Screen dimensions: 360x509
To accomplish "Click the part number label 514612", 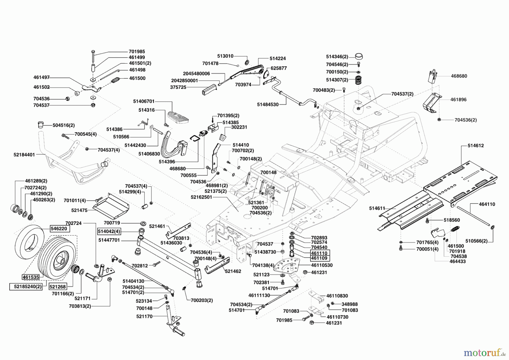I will coord(476,145).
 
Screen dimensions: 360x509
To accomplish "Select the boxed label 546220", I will coord(60,228).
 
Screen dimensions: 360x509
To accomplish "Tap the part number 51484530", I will coord(268,104).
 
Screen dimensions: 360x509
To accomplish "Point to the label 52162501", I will coord(201,197).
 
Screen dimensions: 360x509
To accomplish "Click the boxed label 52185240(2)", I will coord(26,286).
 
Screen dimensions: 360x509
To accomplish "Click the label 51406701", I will coord(144,101).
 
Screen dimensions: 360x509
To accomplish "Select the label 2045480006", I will coord(196,73).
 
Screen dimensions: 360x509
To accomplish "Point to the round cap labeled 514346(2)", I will coord(359,56).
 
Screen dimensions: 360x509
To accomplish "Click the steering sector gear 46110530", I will coord(288,266).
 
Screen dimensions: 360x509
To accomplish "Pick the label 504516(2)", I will coord(64,125).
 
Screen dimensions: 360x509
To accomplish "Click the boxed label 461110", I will coord(319,253).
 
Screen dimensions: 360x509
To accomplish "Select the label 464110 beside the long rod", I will coord(487,204).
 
